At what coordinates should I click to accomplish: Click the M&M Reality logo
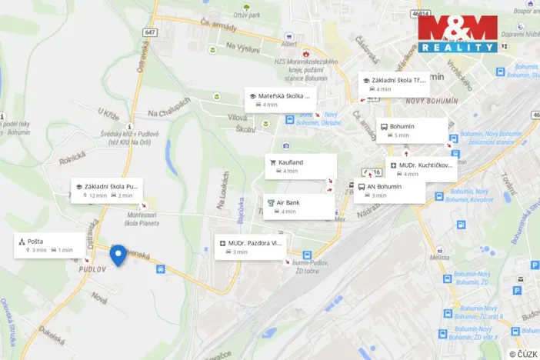point(458,34)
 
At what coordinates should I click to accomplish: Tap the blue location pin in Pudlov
point(118,255)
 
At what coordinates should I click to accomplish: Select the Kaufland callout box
point(301,166)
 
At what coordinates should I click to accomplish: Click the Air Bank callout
point(299,206)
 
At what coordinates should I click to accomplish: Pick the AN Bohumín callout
point(390,190)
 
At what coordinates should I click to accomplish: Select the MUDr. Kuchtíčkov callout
point(421,169)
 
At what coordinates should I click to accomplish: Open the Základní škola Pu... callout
point(107,190)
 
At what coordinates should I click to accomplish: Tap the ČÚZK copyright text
point(523,353)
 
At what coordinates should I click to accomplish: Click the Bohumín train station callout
point(410,130)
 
